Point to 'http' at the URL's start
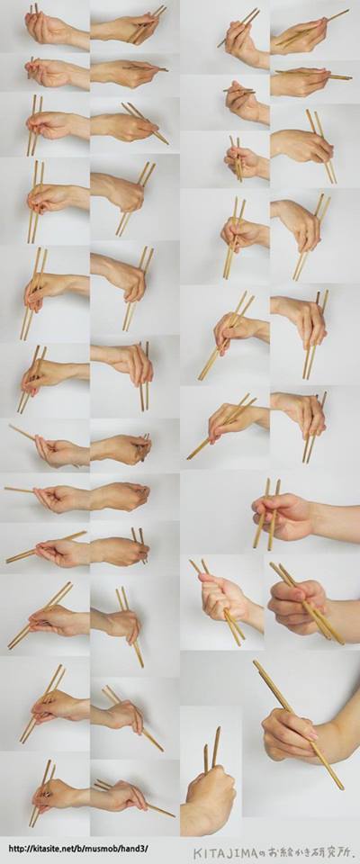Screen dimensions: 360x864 point(15,849)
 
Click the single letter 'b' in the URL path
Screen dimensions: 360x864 point(77,849)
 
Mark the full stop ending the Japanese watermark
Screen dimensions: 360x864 point(352,854)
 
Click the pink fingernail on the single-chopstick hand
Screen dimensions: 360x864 point(313,735)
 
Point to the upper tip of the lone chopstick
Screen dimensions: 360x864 point(255,661)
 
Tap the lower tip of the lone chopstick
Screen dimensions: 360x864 point(342,787)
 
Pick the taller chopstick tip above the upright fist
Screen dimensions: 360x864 point(219,728)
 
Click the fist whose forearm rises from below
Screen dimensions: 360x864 point(210,794)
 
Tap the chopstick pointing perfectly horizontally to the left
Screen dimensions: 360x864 point(19,489)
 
